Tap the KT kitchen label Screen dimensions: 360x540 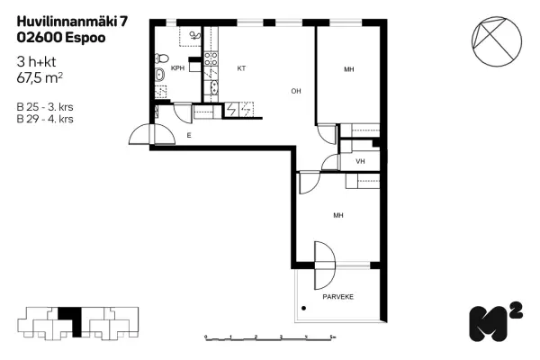click(241, 67)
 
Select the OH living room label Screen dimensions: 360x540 click(295, 91)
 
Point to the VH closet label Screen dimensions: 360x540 click(360, 162)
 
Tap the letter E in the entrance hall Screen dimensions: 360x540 click(188, 135)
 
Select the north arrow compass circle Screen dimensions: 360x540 click(496, 39)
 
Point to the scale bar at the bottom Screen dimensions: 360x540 click(270, 337)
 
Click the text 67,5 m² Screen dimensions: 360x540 click(40, 78)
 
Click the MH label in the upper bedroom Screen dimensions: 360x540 click(349, 70)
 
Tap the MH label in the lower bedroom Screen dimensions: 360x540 click(338, 216)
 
